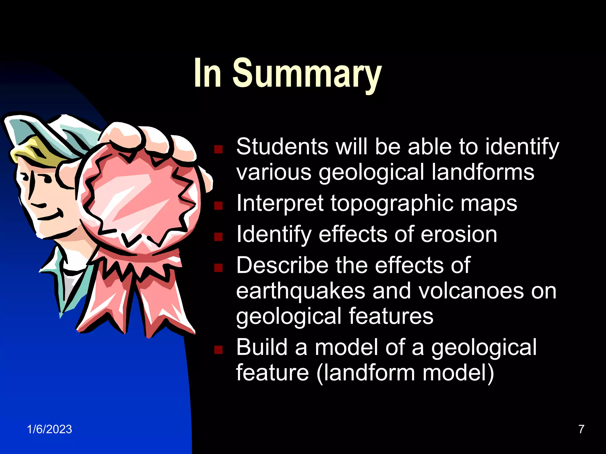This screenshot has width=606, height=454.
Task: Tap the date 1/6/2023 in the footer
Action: (49, 429)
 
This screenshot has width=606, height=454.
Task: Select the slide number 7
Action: (581, 429)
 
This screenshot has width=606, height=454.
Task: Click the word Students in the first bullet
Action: (282, 147)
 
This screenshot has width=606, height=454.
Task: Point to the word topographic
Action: (391, 204)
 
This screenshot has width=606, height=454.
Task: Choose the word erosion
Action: (459, 235)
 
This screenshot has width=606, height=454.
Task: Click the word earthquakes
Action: (301, 291)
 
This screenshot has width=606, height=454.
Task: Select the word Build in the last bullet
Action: (262, 347)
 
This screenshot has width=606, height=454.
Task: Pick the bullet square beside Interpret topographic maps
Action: (218, 205)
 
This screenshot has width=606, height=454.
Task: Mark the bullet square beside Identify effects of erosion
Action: (218, 236)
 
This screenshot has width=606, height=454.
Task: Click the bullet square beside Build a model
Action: (218, 350)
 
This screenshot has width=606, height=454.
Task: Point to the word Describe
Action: (282, 265)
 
